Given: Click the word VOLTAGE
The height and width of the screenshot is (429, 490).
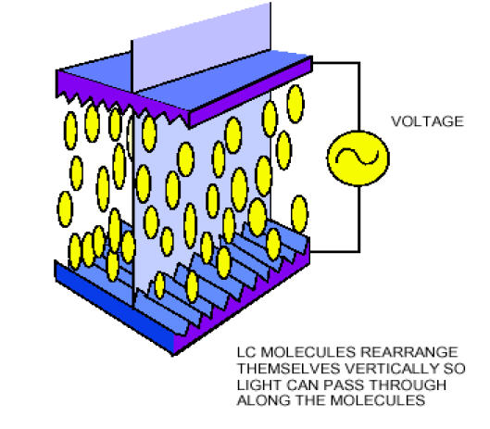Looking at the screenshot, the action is click(x=428, y=121).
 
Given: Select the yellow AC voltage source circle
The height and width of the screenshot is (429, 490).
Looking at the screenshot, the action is click(x=358, y=158).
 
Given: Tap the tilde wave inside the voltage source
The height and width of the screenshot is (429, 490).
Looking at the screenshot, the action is click(x=358, y=157).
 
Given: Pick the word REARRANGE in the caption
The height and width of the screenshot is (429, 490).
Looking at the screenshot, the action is click(x=409, y=352).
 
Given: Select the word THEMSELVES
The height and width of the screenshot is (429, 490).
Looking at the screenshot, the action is click(x=288, y=369).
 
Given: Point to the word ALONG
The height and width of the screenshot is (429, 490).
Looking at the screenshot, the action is click(x=264, y=400).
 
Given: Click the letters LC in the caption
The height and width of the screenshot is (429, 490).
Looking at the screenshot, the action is click(x=246, y=352).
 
